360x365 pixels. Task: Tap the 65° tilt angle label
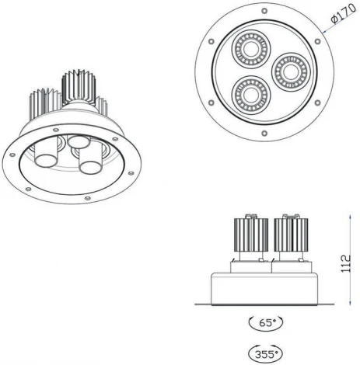[265, 322]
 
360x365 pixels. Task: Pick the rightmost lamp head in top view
[288, 72]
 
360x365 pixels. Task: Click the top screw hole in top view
[265, 12]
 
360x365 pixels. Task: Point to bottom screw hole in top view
[265, 133]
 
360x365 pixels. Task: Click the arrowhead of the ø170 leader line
[320, 35]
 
